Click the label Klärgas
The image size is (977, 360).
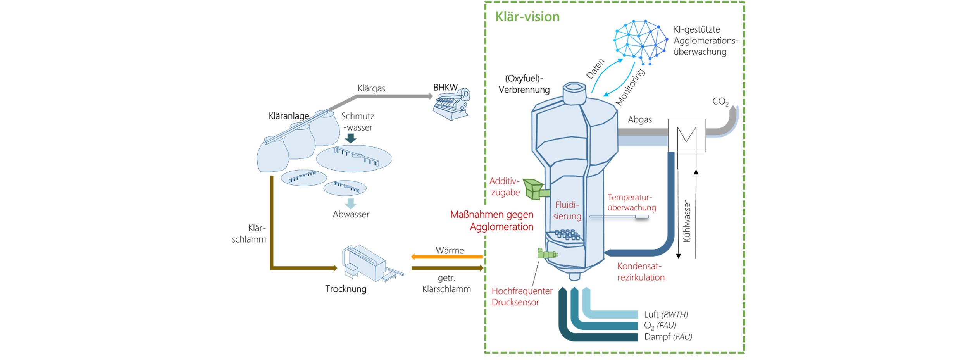pos(371,88)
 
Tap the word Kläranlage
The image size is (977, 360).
pos(289,116)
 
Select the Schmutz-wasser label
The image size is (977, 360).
pos(358,122)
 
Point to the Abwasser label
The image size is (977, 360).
pos(351,214)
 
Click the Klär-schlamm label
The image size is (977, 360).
pos(249,234)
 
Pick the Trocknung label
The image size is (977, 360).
pos(346,289)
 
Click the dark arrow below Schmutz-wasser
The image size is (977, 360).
pos(351,138)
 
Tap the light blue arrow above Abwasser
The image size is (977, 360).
pos(350,203)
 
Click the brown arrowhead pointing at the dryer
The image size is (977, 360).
pos(334,268)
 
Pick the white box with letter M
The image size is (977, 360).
pos(687,135)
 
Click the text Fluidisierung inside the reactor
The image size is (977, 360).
pos(567,210)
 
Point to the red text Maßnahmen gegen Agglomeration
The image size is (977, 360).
pos(492,220)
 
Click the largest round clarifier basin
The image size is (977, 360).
pos(354,158)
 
